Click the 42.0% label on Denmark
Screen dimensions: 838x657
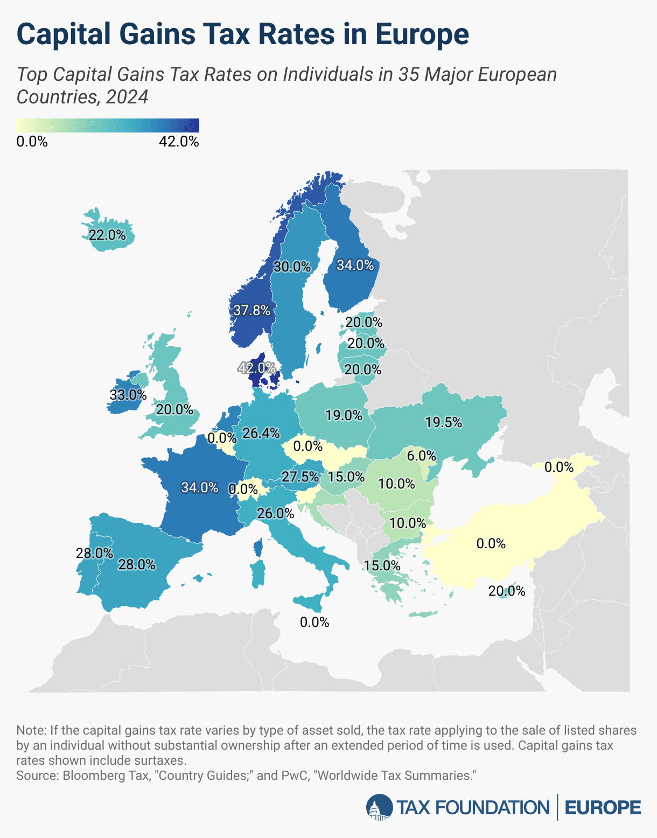(x=257, y=368)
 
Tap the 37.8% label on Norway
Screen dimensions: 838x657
(x=251, y=310)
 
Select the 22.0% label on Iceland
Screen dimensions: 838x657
(x=107, y=235)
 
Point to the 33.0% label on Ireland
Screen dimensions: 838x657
(x=128, y=395)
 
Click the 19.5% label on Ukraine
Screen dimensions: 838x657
(x=443, y=423)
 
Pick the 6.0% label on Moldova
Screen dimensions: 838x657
(x=421, y=456)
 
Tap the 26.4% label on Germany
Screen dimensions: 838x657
(x=261, y=433)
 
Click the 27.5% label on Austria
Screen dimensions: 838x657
(x=300, y=477)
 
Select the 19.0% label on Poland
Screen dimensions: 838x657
(x=344, y=415)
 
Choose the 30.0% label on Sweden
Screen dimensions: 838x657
(x=292, y=267)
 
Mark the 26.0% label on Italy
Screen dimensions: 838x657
(x=275, y=514)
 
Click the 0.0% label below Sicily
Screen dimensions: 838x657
(x=314, y=623)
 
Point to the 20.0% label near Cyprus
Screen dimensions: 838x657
(x=506, y=591)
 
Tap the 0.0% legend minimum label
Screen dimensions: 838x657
(x=32, y=142)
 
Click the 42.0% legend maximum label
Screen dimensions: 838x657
(x=179, y=142)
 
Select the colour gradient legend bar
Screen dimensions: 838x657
(x=108, y=125)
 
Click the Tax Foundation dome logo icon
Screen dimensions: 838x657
(x=379, y=808)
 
